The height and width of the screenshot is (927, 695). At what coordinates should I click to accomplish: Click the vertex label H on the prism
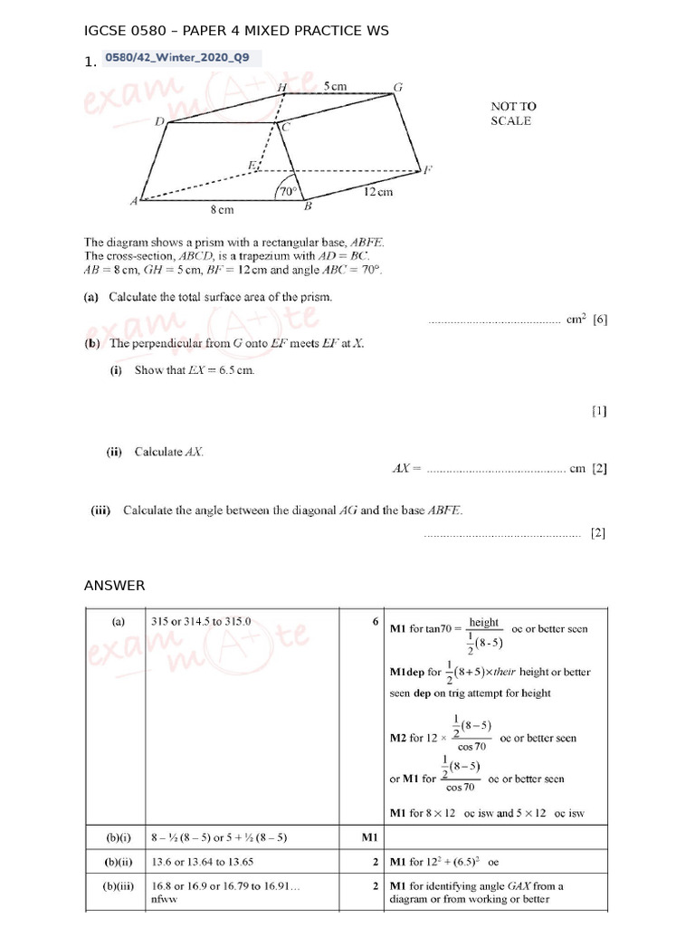click(x=282, y=87)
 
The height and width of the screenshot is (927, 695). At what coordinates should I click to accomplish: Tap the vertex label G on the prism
click(x=397, y=88)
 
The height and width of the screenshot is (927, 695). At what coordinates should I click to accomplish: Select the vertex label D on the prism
click(x=159, y=121)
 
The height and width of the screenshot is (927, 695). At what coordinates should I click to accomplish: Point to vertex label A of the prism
click(x=134, y=202)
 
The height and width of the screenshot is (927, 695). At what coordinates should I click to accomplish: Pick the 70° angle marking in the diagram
click(x=288, y=191)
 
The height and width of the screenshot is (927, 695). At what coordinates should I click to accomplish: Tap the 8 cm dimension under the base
click(x=223, y=210)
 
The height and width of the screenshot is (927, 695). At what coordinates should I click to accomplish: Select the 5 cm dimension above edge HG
click(x=335, y=87)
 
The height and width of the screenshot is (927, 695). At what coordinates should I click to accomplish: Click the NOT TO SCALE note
click(x=513, y=113)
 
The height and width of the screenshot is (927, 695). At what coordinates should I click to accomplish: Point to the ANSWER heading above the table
click(x=114, y=586)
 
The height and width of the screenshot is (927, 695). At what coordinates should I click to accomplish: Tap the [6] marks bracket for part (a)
click(x=600, y=319)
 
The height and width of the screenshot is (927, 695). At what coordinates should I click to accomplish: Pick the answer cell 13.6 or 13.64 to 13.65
click(x=208, y=862)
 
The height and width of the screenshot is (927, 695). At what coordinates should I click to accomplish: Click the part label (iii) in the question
click(x=100, y=511)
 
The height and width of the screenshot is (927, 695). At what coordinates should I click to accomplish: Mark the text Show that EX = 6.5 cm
click(x=195, y=370)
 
